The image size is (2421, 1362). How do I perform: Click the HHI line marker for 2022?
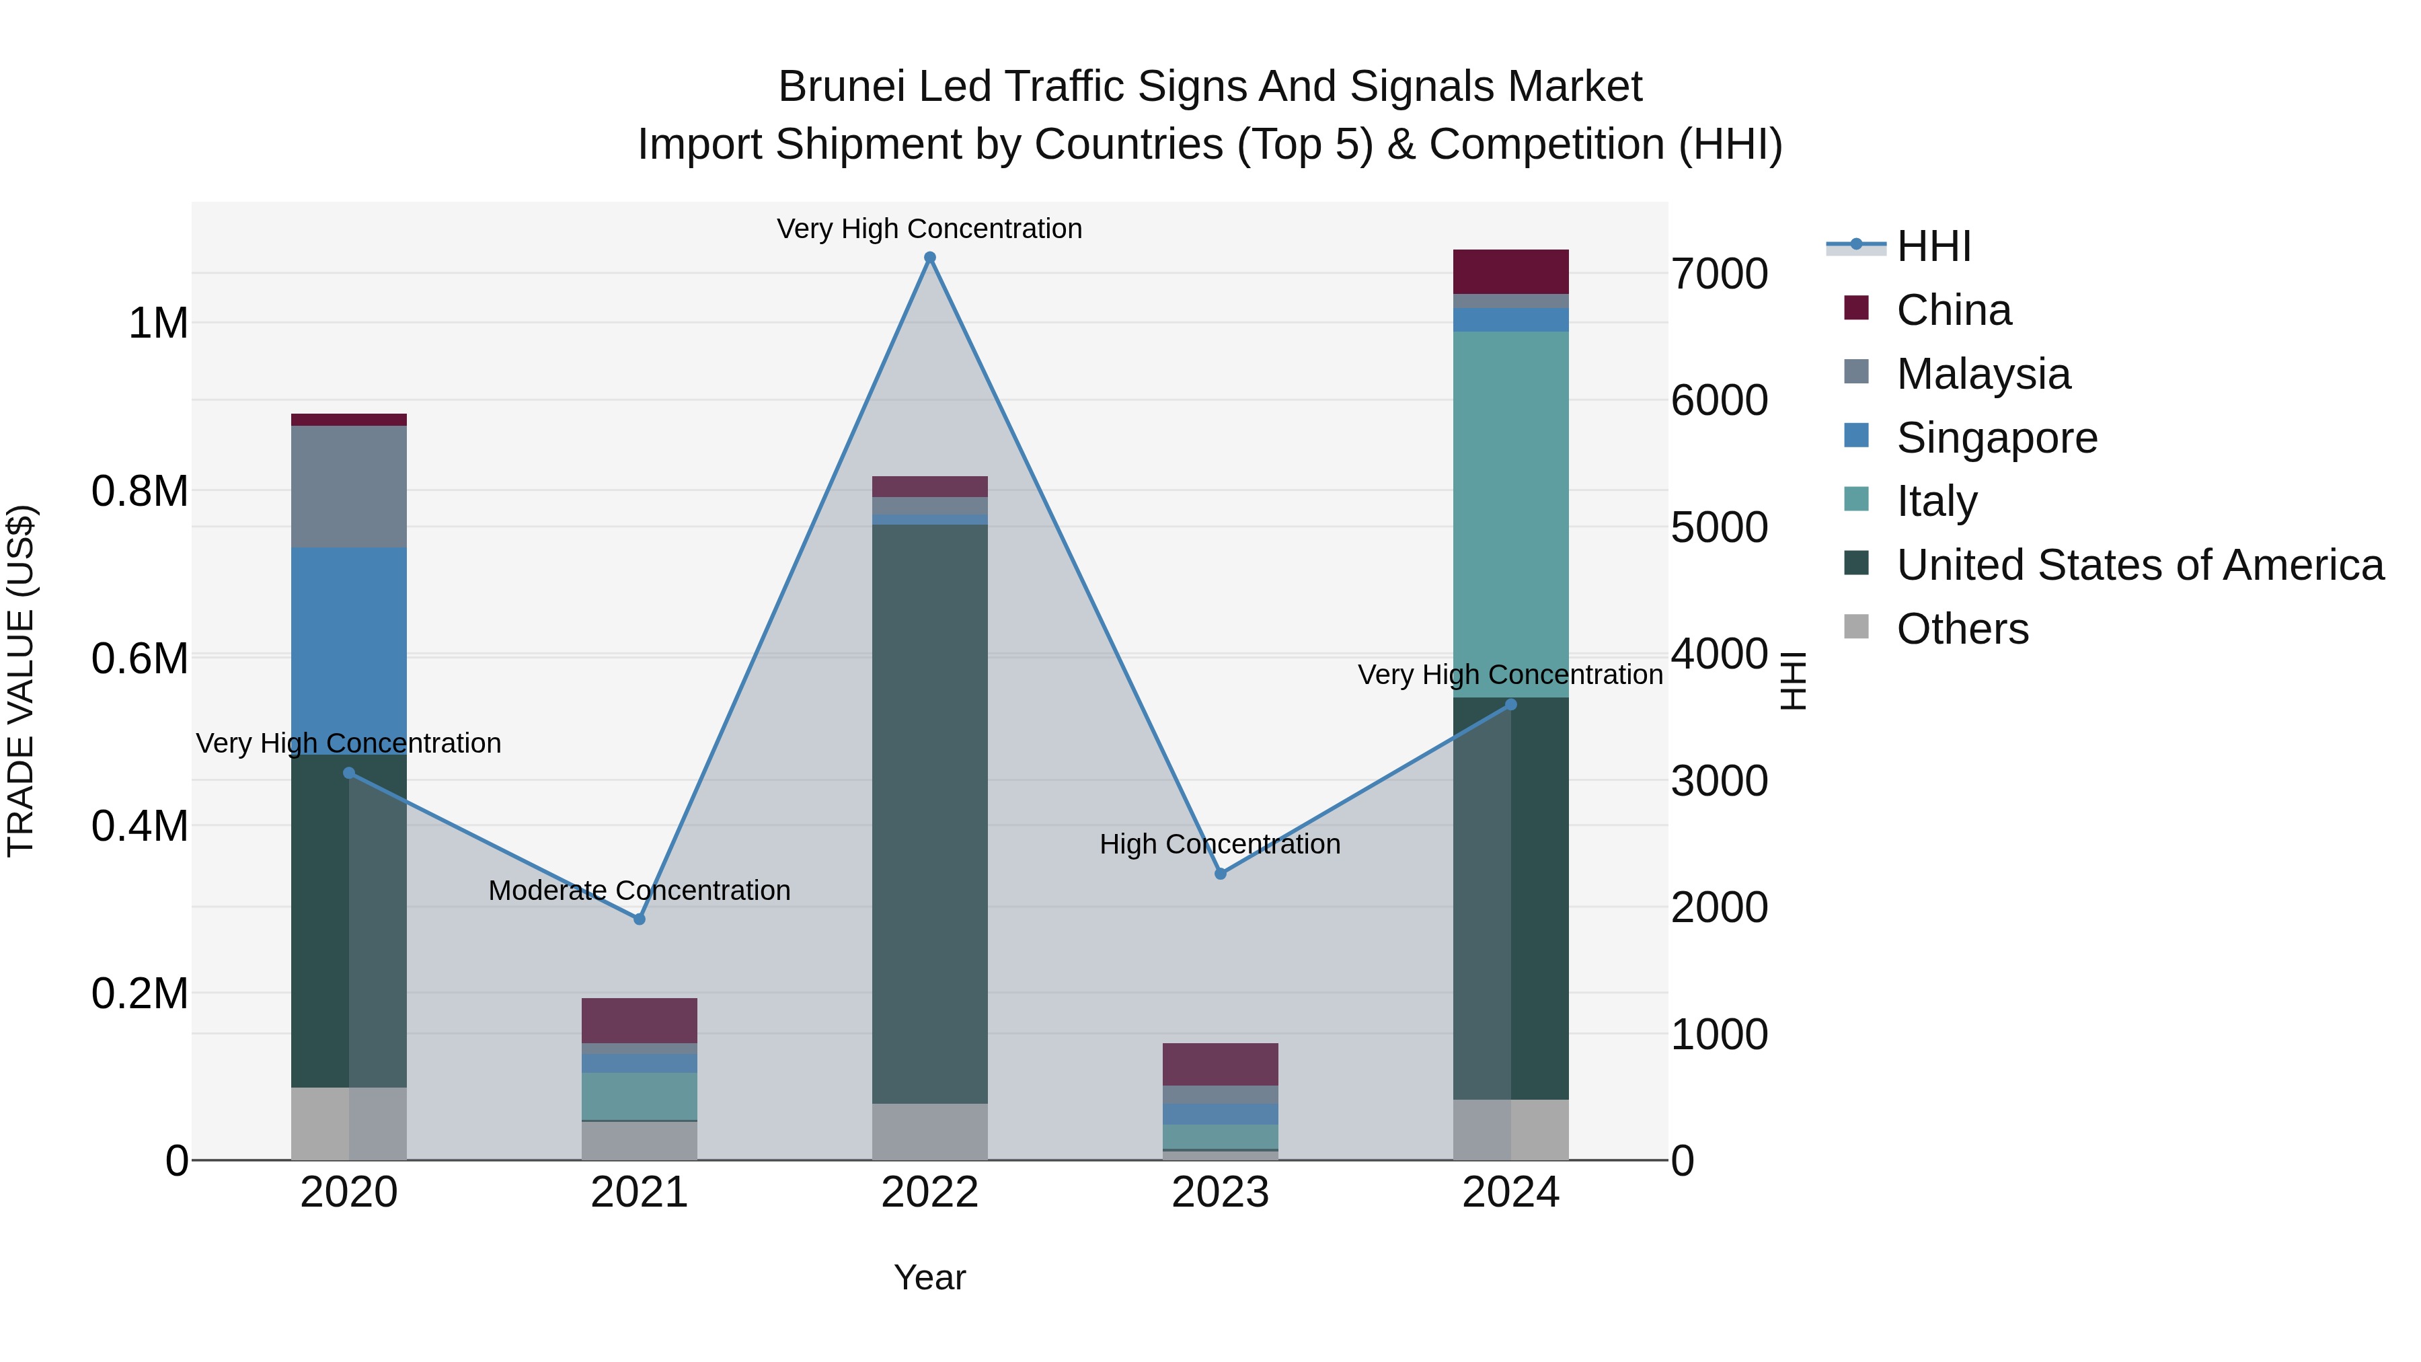929,258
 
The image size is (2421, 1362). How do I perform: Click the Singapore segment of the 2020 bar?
348,650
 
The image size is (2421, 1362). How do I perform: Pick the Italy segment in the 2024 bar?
1510,514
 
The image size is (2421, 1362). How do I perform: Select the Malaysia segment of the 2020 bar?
348,486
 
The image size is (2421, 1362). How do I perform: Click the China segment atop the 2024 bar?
1510,272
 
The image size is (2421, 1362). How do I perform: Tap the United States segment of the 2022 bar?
929,813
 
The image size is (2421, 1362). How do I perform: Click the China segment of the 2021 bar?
639,1020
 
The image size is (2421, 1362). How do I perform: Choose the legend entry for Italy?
1936,501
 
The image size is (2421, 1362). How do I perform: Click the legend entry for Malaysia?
1983,374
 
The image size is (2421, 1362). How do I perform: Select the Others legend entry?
1962,629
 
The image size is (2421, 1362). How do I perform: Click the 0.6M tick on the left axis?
140,658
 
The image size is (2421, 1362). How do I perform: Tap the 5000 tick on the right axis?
1719,527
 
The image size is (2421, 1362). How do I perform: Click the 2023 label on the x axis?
1220,1193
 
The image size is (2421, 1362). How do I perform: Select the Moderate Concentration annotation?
639,890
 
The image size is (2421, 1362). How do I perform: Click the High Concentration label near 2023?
1220,844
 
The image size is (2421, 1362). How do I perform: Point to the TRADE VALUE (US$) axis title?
21,681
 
